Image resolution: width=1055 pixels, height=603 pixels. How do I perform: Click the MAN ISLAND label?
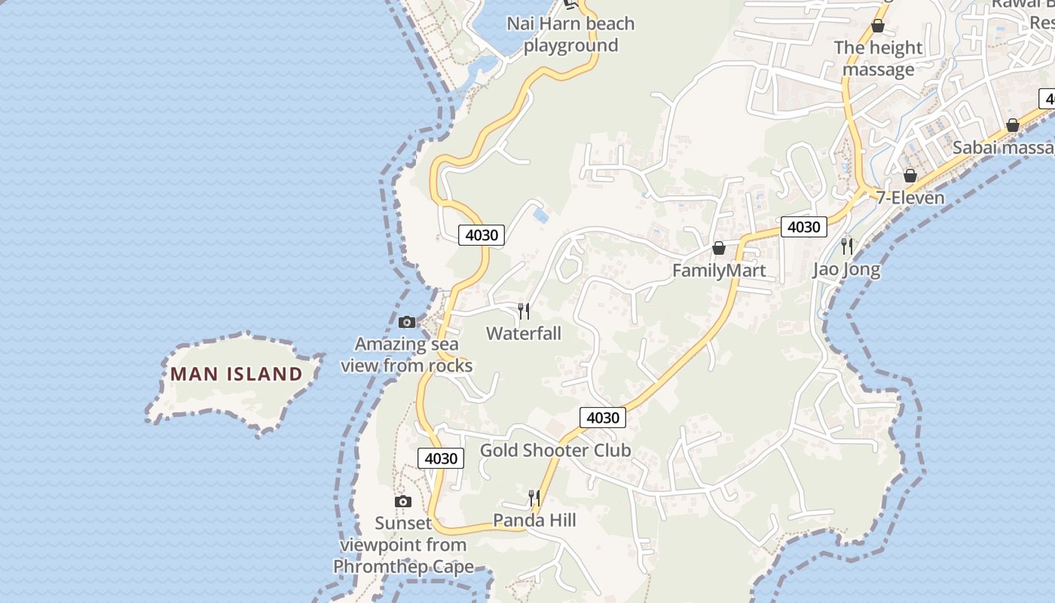tap(237, 374)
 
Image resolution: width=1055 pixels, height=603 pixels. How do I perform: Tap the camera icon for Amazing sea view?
tap(407, 323)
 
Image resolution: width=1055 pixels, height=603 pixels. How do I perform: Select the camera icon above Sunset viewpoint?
tap(403, 502)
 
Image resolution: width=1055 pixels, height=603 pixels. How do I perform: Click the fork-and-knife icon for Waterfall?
tap(524, 311)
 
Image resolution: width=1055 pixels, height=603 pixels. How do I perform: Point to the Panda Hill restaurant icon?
tap(534, 497)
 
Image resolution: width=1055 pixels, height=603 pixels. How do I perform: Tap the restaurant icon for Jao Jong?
tap(847, 246)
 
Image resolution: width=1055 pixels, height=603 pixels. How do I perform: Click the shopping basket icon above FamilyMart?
tap(719, 248)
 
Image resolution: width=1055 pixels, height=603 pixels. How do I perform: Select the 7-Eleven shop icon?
tap(910, 176)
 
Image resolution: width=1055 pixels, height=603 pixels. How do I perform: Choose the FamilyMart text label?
tap(719, 271)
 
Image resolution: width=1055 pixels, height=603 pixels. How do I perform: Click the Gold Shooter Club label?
tap(555, 451)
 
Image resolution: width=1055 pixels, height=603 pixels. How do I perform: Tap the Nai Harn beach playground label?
tap(570, 35)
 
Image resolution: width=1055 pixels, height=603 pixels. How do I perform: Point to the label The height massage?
tap(878, 59)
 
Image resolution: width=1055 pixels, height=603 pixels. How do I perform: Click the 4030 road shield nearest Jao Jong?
tap(803, 227)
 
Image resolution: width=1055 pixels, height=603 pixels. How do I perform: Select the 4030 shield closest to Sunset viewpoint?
tap(441, 458)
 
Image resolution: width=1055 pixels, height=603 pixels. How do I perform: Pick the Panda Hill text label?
tap(534, 520)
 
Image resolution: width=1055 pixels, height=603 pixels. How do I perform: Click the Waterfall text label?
tap(524, 333)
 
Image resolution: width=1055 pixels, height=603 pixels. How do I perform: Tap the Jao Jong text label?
tap(846, 269)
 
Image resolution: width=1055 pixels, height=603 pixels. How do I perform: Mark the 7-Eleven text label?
tap(910, 197)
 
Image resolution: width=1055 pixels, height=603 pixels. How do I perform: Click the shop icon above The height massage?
tap(878, 26)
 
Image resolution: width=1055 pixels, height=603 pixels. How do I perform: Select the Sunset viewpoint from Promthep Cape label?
tap(404, 545)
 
